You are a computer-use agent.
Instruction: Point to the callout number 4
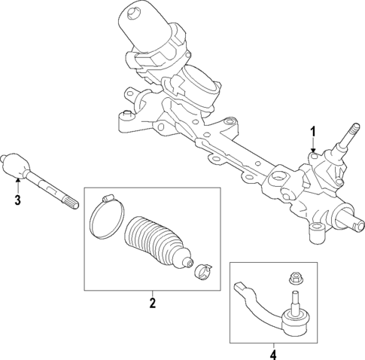(273, 352)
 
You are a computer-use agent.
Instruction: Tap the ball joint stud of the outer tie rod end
(293, 297)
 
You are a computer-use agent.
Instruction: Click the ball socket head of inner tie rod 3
(16, 166)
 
